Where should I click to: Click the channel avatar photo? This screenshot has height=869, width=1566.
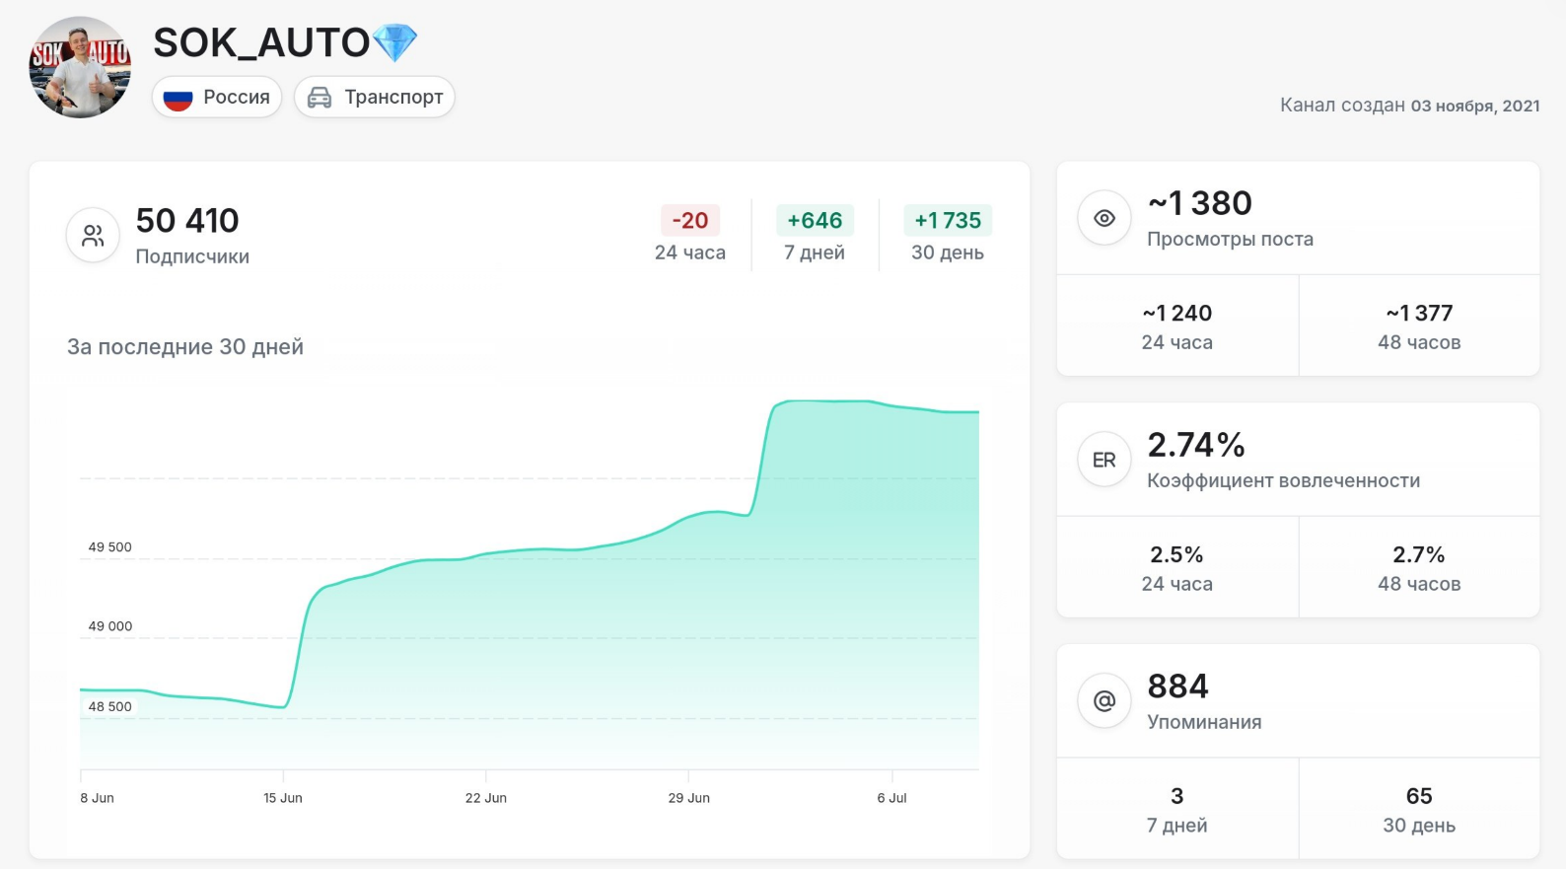pos(80,67)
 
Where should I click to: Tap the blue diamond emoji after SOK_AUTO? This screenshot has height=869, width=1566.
pos(395,42)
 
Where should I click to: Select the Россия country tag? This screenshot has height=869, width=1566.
pos(217,97)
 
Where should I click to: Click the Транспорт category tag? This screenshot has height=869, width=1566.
pos(375,97)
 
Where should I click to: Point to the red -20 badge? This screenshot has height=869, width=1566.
pos(690,220)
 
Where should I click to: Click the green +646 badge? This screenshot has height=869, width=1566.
pos(815,220)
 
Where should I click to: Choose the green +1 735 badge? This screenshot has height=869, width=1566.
pos(948,220)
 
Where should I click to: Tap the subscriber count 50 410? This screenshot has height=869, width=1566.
pos(187,221)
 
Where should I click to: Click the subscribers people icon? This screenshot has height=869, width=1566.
pos(93,235)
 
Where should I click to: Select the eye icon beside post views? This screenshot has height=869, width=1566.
pos(1103,218)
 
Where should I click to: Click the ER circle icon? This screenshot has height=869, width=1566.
pos(1103,460)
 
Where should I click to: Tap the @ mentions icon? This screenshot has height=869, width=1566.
pos(1103,700)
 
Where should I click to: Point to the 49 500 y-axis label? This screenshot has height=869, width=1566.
pos(109,546)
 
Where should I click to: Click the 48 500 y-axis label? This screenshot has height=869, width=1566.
pos(109,706)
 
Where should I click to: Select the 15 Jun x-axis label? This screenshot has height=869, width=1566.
pos(282,798)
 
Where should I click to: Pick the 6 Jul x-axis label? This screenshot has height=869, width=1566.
pos(892,798)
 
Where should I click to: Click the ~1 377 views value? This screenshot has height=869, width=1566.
pos(1419,314)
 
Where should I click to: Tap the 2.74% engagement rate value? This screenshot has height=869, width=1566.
pos(1196,445)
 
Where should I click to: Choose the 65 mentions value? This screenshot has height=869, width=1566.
pos(1419,796)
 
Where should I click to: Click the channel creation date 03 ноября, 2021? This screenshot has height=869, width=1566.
pos(1475,106)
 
